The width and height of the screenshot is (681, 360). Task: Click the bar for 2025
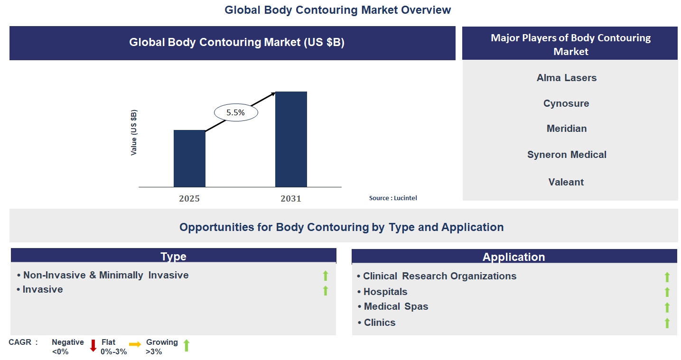pyautogui.click(x=189, y=158)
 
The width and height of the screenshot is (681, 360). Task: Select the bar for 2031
pyautogui.click(x=291, y=139)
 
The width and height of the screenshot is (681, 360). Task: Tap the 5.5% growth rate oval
pyautogui.click(x=236, y=113)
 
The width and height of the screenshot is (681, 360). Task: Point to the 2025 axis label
pyautogui.click(x=189, y=199)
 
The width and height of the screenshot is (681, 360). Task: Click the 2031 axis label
pyautogui.click(x=291, y=199)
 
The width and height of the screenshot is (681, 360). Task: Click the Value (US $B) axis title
pyautogui.click(x=134, y=133)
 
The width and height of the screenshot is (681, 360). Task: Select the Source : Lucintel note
pyautogui.click(x=393, y=198)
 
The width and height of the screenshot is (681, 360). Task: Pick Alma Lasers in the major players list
pyautogui.click(x=567, y=78)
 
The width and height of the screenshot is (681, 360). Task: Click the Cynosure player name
pyautogui.click(x=566, y=103)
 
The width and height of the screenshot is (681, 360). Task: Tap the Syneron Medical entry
pyautogui.click(x=567, y=155)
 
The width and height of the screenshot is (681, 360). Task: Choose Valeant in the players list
pyautogui.click(x=566, y=182)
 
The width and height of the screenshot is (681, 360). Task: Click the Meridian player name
pyautogui.click(x=567, y=129)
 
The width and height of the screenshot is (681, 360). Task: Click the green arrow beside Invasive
pyautogui.click(x=326, y=290)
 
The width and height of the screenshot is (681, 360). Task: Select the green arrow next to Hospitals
pyautogui.click(x=667, y=292)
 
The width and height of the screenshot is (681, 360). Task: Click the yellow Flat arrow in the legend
pyautogui.click(x=135, y=345)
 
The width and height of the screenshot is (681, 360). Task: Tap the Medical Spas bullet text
pyautogui.click(x=396, y=306)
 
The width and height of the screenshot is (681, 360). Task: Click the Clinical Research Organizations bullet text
pyautogui.click(x=439, y=276)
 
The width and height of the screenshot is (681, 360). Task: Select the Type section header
pyautogui.click(x=173, y=257)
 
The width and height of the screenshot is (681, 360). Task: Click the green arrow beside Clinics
pyautogui.click(x=667, y=323)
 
